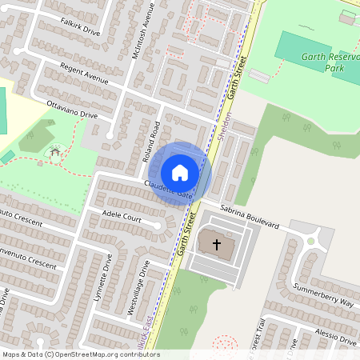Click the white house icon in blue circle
pyautogui.click(x=180, y=172)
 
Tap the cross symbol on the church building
pyautogui.click(x=214, y=244)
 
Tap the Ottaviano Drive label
pyautogui.click(x=73, y=110)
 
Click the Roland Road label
pyautogui.click(x=152, y=142)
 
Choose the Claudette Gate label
pyautogui.click(x=170, y=190)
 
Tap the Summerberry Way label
pyautogui.click(x=323, y=294)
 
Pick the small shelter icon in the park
pyautogui.click(x=55, y=151)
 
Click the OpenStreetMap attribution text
pyautogui.click(x=81, y=354)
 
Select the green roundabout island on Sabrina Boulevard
pyautogui.click(x=312, y=241)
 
